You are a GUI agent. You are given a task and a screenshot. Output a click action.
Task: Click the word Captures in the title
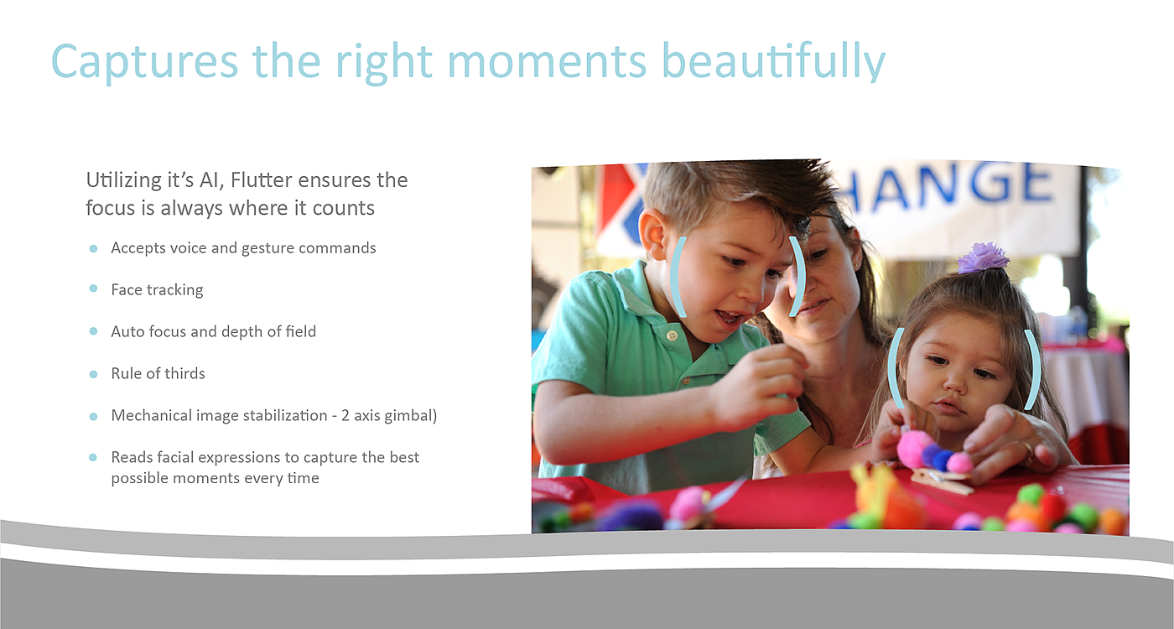coord(144,63)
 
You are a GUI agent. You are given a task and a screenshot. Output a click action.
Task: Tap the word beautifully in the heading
coord(773,62)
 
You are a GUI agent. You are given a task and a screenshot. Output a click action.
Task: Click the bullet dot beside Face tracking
coord(93,289)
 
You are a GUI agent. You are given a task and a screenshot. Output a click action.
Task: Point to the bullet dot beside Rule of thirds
coord(93,374)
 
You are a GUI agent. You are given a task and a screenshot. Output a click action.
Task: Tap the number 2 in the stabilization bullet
coord(345,415)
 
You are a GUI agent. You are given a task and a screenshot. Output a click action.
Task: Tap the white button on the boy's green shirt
coord(673,335)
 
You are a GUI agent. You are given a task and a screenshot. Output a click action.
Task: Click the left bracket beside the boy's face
coord(678,277)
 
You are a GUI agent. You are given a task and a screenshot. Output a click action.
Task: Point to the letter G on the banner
coord(991,183)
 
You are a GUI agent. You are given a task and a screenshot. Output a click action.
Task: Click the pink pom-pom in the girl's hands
coord(915,449)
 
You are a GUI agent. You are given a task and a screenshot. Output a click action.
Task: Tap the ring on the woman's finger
coord(1028,450)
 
